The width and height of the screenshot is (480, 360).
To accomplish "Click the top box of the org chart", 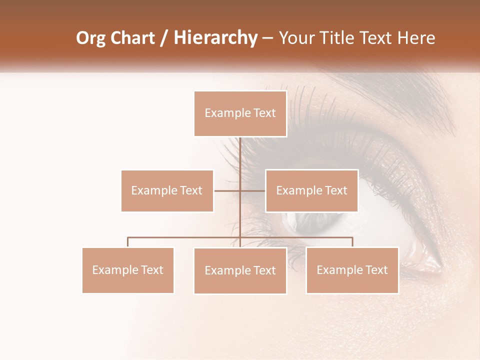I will [240, 113].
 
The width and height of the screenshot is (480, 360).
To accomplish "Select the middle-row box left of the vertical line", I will [167, 190].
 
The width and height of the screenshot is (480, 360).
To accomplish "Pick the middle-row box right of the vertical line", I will [311, 190].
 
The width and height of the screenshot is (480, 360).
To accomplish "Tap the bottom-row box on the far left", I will [127, 270].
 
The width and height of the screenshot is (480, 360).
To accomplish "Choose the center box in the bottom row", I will [240, 270].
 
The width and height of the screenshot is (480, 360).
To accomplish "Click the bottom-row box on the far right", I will [352, 270].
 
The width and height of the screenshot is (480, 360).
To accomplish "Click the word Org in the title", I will [91, 38].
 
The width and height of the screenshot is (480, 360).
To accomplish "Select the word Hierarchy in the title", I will [215, 38].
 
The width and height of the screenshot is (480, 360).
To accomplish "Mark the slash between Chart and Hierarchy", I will [164, 38].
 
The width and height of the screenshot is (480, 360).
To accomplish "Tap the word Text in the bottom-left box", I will [151, 270].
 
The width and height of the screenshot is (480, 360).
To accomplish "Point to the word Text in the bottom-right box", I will [376, 270].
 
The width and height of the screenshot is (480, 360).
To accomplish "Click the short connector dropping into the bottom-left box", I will [127, 242].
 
